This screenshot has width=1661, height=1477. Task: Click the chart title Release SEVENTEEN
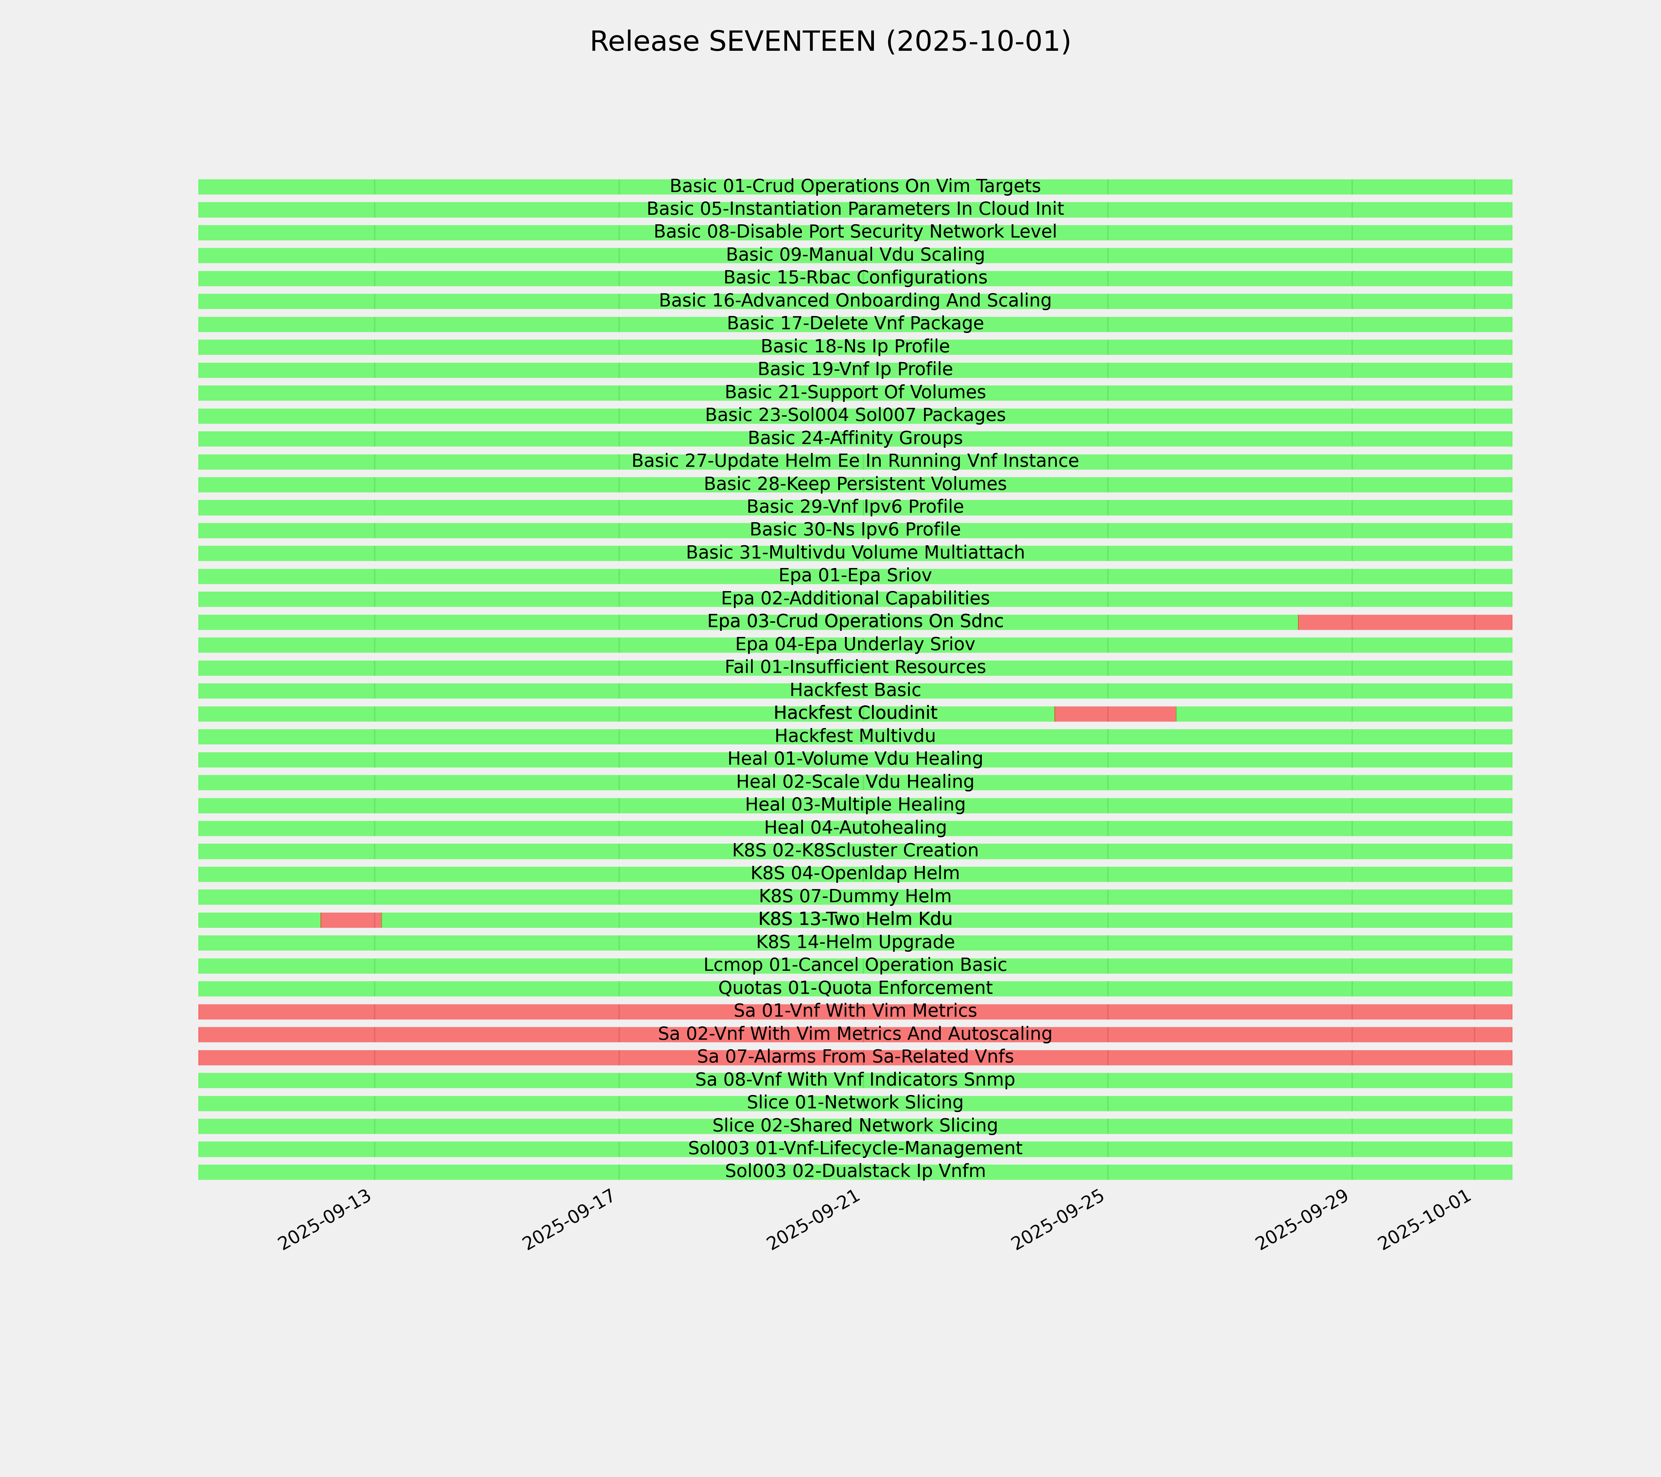pyautogui.click(x=830, y=42)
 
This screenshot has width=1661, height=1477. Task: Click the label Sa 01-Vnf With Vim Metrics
pyautogui.click(x=855, y=1011)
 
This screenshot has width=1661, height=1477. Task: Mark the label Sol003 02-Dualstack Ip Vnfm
pyautogui.click(x=855, y=1171)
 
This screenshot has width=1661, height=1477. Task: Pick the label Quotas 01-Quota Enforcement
pyautogui.click(x=855, y=988)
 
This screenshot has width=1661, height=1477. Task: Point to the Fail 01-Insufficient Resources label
pyautogui.click(x=855, y=667)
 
